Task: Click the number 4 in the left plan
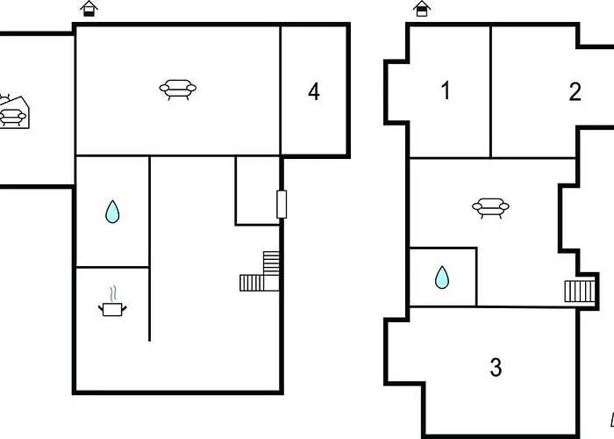(x=314, y=92)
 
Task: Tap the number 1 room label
(x=446, y=90)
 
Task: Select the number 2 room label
(x=575, y=91)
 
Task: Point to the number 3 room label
(x=496, y=367)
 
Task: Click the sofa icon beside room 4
(x=178, y=90)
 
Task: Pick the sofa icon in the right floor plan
(x=490, y=208)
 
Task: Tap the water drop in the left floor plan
(x=112, y=212)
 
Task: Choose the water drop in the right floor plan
(x=442, y=277)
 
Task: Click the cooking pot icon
(x=112, y=309)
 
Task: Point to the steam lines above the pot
(x=113, y=293)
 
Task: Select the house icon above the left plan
(x=89, y=8)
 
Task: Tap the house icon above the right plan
(x=422, y=8)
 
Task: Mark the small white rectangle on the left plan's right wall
(x=282, y=205)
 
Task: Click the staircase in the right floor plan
(x=580, y=291)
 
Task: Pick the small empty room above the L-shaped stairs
(x=258, y=191)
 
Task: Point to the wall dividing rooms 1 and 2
(x=490, y=91)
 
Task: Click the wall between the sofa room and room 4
(x=281, y=90)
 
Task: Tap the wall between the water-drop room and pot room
(x=112, y=267)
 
